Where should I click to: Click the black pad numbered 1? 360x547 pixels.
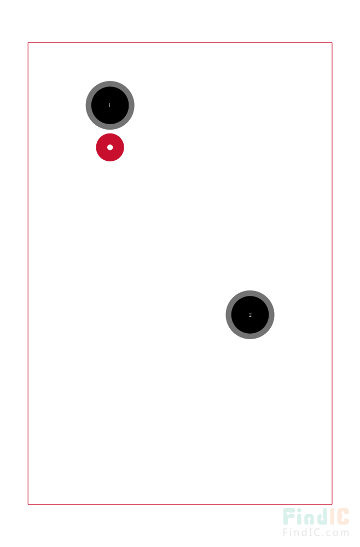tap(110, 106)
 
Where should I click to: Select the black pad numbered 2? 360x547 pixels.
tap(250, 315)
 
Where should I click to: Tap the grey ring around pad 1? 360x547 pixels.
tap(89, 106)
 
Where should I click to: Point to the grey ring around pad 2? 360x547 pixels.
tap(229, 315)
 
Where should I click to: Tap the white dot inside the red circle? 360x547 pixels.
tap(110, 147)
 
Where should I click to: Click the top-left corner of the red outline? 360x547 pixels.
tap(28, 43)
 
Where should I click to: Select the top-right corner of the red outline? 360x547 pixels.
tap(332, 43)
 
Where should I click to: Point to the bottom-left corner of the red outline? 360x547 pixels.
tap(28, 504)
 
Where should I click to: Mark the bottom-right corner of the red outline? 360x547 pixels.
tap(332, 504)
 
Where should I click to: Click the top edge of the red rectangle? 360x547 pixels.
tap(180, 43)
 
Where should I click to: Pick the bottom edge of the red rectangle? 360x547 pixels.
tap(180, 504)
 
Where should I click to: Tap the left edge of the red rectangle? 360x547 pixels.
tap(28, 273)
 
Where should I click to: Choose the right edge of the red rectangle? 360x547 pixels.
tap(332, 273)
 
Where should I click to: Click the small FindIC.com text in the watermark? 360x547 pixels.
tap(316, 533)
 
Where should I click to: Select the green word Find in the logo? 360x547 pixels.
tap(306, 516)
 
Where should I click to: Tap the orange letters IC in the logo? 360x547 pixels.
tap(339, 516)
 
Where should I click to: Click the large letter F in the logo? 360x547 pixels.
tap(289, 517)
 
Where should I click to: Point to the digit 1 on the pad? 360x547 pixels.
tap(110, 106)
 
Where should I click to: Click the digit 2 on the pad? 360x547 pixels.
tap(250, 315)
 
